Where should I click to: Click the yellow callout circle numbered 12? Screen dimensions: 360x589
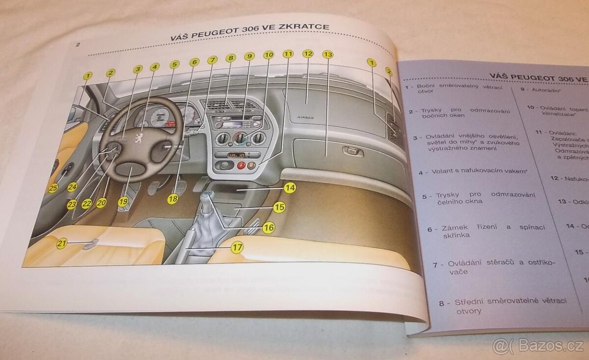click(308, 54)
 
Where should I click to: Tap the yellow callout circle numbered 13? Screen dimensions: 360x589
click(328, 55)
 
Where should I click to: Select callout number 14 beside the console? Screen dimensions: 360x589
click(290, 187)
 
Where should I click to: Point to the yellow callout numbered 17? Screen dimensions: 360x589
click(237, 248)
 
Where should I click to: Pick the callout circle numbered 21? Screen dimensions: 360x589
click(61, 243)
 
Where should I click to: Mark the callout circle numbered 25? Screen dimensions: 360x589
click(53, 187)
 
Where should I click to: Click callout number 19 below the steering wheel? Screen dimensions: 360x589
click(123, 201)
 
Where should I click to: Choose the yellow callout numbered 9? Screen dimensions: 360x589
click(249, 56)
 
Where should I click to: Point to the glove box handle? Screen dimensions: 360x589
click(352, 152)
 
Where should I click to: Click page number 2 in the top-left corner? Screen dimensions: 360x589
click(78, 45)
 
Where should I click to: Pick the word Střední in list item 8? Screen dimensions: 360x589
click(467, 302)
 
